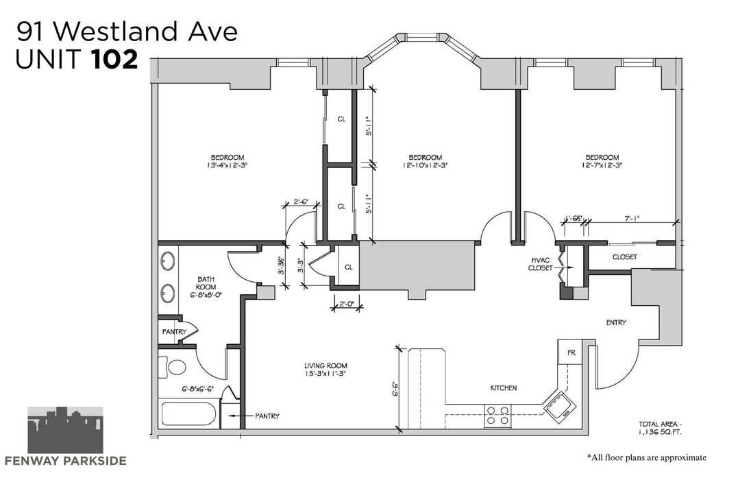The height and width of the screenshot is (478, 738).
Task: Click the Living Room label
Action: [x=325, y=366]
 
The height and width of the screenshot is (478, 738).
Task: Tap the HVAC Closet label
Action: [x=541, y=264]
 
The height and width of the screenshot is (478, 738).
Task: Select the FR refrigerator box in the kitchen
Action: [x=571, y=352]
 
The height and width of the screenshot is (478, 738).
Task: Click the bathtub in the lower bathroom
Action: [x=188, y=414]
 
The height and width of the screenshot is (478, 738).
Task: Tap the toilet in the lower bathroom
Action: [x=172, y=367]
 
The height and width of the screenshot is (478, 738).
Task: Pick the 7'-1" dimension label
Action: [x=632, y=219]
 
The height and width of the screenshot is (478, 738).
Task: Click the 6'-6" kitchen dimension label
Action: [x=395, y=389]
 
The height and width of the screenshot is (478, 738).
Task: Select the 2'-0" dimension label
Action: [x=346, y=304]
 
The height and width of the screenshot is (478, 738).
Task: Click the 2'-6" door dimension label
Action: [x=300, y=202]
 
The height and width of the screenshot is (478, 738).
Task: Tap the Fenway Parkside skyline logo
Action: [x=65, y=429]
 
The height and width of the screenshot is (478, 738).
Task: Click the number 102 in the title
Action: [x=115, y=60]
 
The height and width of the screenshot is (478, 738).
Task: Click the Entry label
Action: [x=616, y=322]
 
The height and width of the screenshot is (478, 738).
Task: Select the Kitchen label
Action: [x=504, y=388]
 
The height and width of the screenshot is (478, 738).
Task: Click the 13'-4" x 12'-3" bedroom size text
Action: [x=227, y=165]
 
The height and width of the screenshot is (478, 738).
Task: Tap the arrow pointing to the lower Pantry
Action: [x=239, y=416]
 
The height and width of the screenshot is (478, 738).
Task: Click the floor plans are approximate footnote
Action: [x=646, y=457]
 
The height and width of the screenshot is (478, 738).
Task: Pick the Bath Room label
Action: [x=206, y=283]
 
